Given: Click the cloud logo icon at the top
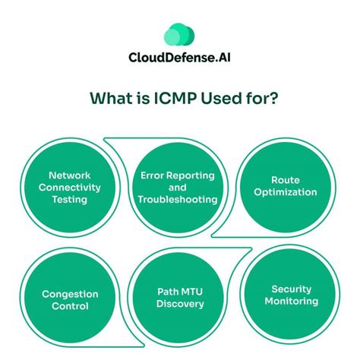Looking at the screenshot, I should (180, 35).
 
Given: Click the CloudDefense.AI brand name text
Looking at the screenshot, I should (180, 58).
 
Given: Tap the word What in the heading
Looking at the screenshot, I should (109, 99).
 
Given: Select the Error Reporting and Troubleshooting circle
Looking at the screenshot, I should (178, 186).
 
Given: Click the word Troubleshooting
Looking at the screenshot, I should (178, 200).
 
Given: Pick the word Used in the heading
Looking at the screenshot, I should (221, 99).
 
